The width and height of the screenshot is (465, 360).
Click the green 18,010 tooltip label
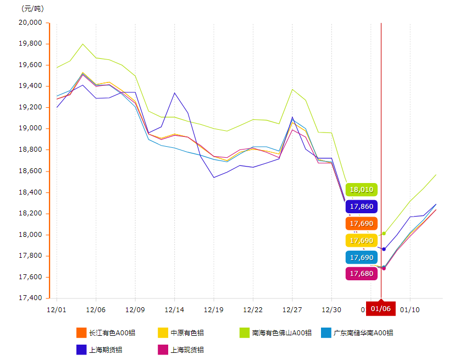tap(361, 190)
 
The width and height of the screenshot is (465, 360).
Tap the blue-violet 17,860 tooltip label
tap(361, 207)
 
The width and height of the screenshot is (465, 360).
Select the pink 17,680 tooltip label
tap(361, 274)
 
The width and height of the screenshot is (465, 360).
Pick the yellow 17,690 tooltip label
tap(361, 240)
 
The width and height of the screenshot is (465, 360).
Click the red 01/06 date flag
tap(381, 309)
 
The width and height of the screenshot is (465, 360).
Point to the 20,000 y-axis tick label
tap(31, 23)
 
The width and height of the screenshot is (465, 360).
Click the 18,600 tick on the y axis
tap(31, 171)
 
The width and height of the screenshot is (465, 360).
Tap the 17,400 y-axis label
tap(31, 298)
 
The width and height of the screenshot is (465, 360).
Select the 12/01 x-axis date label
tap(57, 310)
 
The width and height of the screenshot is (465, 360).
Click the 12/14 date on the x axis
tap(174, 310)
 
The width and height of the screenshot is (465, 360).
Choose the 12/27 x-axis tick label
tap(292, 310)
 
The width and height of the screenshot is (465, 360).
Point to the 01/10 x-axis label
tap(409, 310)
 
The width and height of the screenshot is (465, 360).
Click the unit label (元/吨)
tap(32, 9)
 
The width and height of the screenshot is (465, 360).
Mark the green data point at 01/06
tap(384, 234)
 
